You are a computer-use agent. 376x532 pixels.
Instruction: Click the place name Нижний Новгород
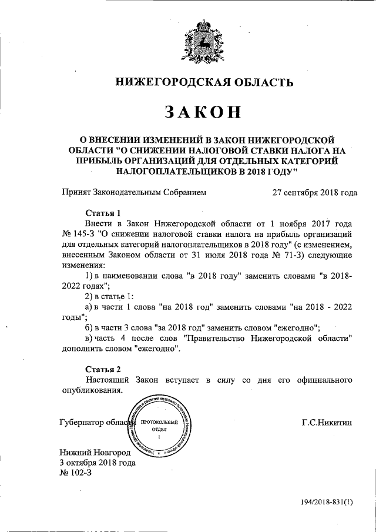point(94,452)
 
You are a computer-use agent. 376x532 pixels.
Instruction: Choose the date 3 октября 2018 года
point(98,463)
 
